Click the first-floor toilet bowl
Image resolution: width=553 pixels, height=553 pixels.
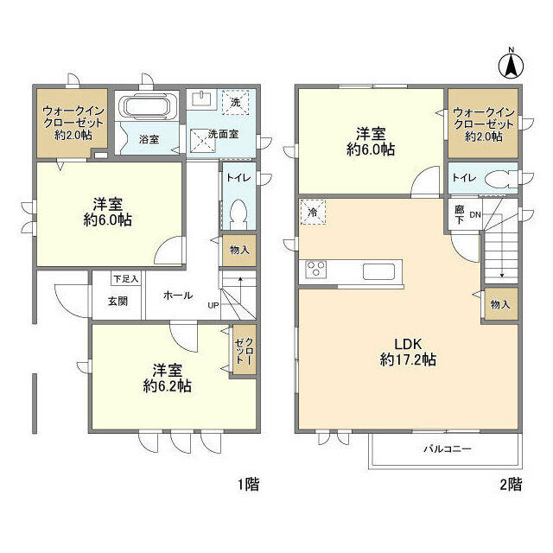(x=238, y=213)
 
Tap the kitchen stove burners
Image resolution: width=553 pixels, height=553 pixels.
(x=315, y=270)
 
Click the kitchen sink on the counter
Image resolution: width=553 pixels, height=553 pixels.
(x=378, y=270)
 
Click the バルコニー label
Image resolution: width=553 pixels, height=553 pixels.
(x=447, y=449)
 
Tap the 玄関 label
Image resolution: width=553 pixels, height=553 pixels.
(x=118, y=302)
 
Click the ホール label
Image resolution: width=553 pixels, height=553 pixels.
(x=177, y=295)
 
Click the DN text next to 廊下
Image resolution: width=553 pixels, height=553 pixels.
(x=475, y=214)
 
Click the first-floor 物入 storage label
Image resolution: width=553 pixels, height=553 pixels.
(x=238, y=251)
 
